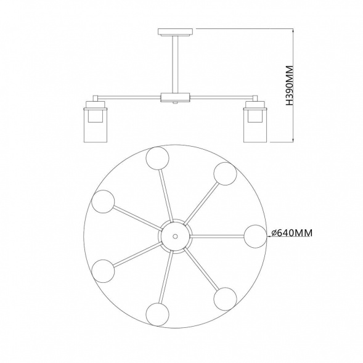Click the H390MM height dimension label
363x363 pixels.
[290, 86]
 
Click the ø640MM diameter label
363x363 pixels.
[292, 233]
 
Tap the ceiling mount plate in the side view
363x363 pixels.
[175, 32]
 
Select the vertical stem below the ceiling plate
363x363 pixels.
[175, 64]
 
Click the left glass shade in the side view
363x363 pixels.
[95, 124]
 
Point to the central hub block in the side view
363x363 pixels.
[175, 97]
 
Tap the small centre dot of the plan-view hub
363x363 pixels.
[175, 237]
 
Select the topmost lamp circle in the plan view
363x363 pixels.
[157, 158]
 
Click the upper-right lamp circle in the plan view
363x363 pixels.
[225, 174]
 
